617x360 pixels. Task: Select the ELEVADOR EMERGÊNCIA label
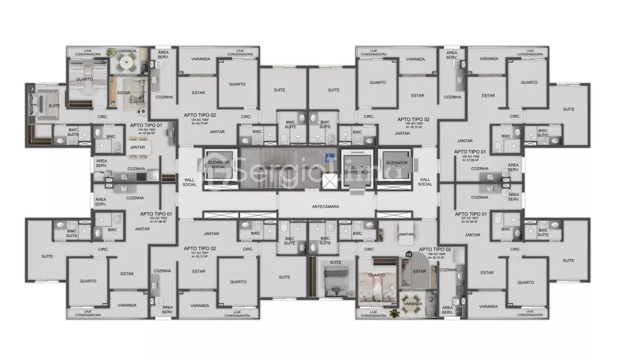pyautogui.click(x=358, y=170)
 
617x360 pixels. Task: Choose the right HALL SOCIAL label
pyautogui.click(x=424, y=180)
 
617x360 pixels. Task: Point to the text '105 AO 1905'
pyautogui.click(x=413, y=122)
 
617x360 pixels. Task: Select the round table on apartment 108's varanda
pyautogui.click(x=411, y=303)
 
